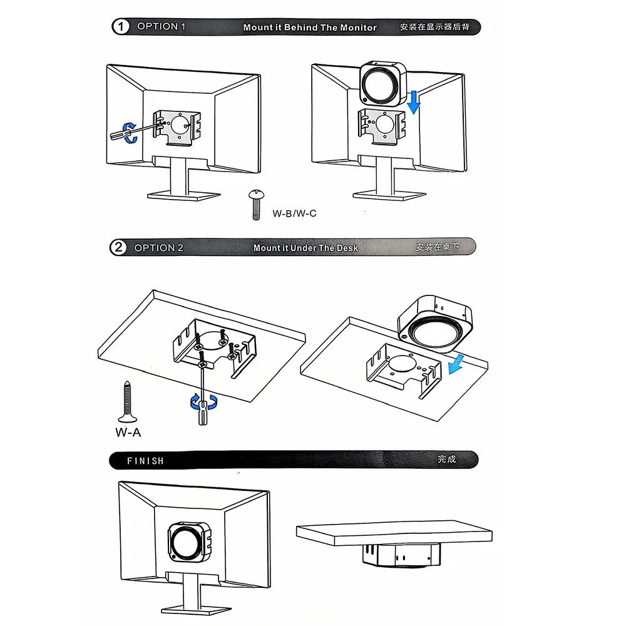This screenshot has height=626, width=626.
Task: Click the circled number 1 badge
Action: (120, 27)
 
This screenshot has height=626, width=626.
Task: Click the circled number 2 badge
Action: (118, 247)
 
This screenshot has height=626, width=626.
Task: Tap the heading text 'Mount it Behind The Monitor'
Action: (310, 28)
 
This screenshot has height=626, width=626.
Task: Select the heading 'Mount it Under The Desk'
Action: (305, 248)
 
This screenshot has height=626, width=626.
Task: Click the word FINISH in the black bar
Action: (145, 461)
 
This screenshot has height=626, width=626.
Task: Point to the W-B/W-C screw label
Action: (294, 213)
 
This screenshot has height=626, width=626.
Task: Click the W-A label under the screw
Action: (128, 432)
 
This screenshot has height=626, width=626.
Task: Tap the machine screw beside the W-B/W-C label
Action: (255, 204)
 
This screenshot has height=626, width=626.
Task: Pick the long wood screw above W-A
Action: (127, 401)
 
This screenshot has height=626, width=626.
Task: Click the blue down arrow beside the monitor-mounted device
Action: (413, 102)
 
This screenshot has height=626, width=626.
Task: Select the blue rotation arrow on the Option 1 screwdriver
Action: (130, 131)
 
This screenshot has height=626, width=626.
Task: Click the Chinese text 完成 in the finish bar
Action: (447, 459)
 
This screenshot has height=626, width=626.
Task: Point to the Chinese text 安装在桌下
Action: (437, 247)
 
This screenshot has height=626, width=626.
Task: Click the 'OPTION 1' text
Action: (161, 26)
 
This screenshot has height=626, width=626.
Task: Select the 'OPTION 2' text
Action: (158, 248)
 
